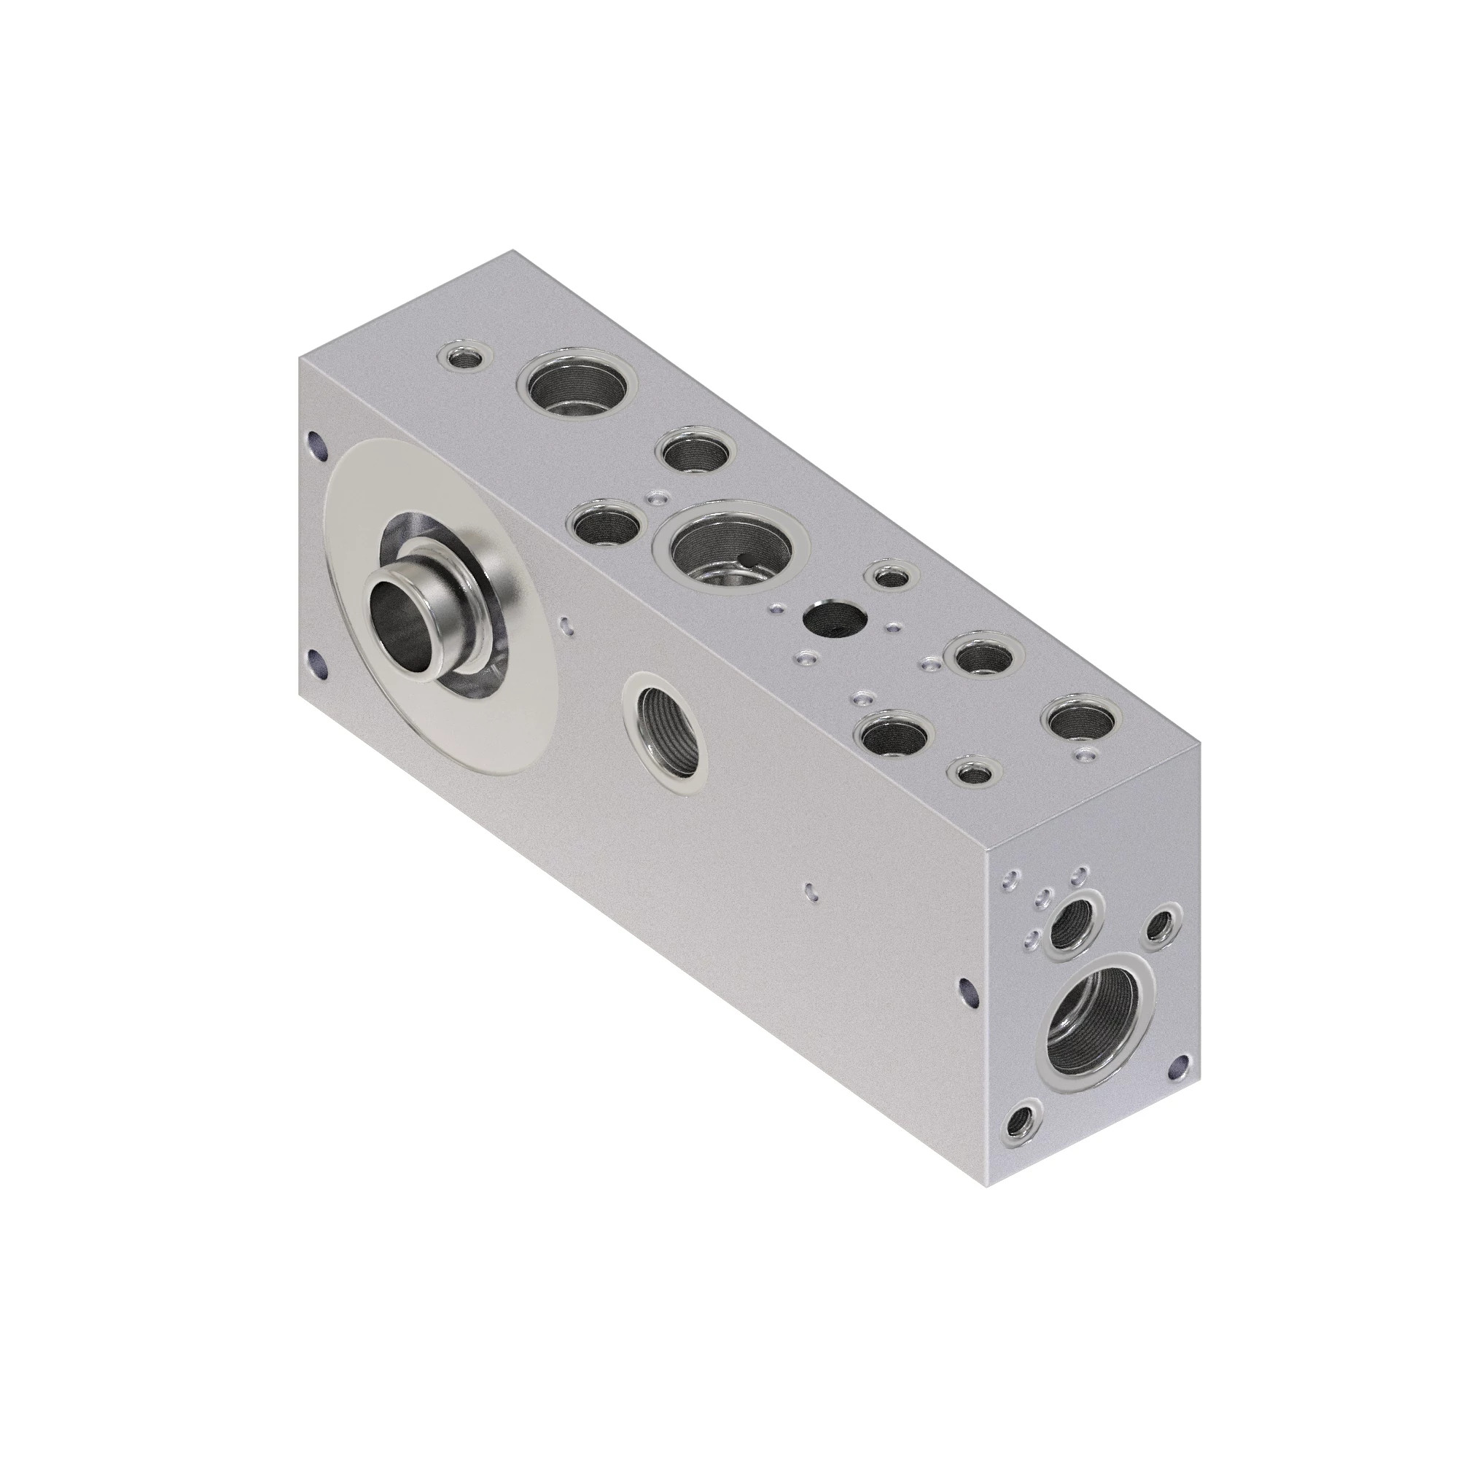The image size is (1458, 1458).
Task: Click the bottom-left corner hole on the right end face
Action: [1024, 1137]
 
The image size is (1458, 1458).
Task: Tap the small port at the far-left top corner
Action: [467, 358]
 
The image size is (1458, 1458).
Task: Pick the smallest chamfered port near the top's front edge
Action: [972, 771]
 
